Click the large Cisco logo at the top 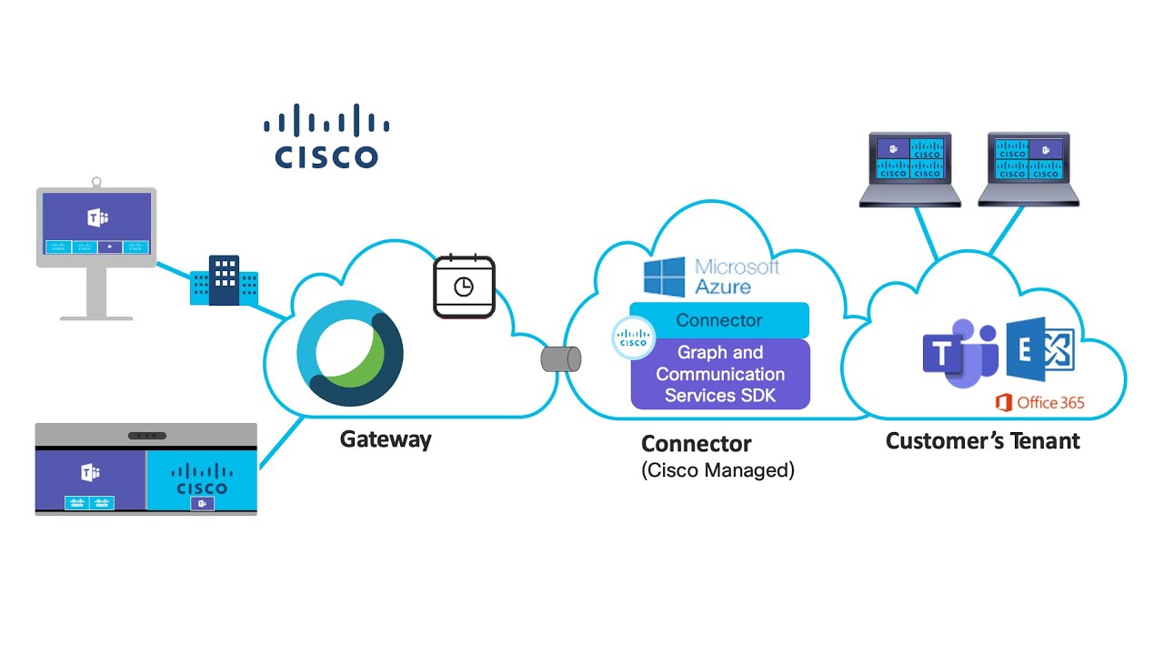pos(326,136)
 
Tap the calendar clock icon pos(464,287)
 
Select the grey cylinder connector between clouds pos(560,359)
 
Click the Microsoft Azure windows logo pos(664,277)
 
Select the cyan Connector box pos(719,320)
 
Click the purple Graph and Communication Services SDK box pos(719,374)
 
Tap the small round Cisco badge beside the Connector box pos(633,338)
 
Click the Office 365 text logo pos(1040,402)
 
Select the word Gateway pos(386,439)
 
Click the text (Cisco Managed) pos(717,471)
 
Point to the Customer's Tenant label pos(982,441)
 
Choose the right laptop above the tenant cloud pos(1029,169)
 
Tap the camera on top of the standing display pos(96,183)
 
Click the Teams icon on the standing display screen pos(97,217)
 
